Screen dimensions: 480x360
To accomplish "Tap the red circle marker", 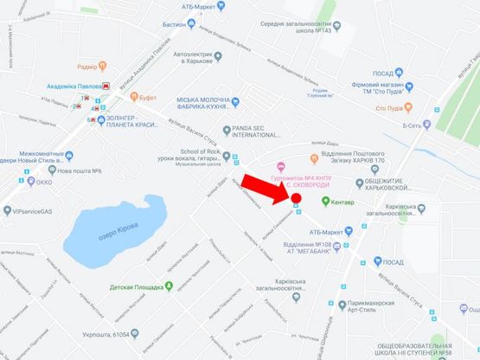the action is pos(296,199).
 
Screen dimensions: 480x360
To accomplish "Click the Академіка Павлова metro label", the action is pos(74,87).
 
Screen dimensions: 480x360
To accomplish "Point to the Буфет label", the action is pos(147,99).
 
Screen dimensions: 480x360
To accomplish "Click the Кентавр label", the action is pos(340,202).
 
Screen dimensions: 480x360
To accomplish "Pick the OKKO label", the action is pos(44,183).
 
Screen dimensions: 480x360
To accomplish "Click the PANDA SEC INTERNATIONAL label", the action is pos(259,132).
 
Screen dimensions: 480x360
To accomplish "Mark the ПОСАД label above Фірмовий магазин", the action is pos(383,74).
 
